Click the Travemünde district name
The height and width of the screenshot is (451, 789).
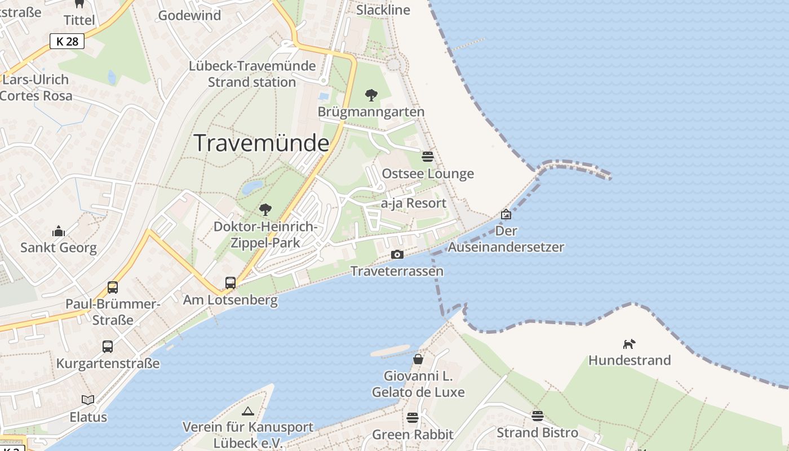point(261,143)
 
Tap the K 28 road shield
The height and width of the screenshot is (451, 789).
point(67,41)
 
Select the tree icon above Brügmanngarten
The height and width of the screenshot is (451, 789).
point(371,95)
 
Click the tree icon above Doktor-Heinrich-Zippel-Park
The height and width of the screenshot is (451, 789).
point(265,210)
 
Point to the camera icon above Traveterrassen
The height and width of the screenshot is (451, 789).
point(397,255)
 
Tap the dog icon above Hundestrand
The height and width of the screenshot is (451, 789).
point(629,343)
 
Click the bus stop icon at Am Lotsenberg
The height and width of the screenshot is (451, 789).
point(231,283)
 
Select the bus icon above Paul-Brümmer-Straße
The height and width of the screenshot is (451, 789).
point(113,288)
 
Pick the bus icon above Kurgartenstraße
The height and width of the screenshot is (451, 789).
point(108,347)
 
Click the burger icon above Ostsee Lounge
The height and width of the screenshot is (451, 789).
point(428,156)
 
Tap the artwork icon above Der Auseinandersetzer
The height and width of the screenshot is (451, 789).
point(506,214)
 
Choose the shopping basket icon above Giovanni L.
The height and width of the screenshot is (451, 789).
point(418,359)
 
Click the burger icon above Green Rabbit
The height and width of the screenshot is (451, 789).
point(413,418)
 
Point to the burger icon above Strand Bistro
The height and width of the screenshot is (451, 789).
point(537,416)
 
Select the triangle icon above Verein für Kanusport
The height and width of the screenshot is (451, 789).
point(247,411)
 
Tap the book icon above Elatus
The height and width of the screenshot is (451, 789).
point(88,400)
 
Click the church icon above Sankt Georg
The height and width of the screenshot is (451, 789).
point(59,231)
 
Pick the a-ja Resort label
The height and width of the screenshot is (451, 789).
point(414,203)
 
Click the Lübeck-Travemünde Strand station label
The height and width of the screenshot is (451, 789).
point(252,74)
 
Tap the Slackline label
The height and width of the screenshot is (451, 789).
point(383,10)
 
